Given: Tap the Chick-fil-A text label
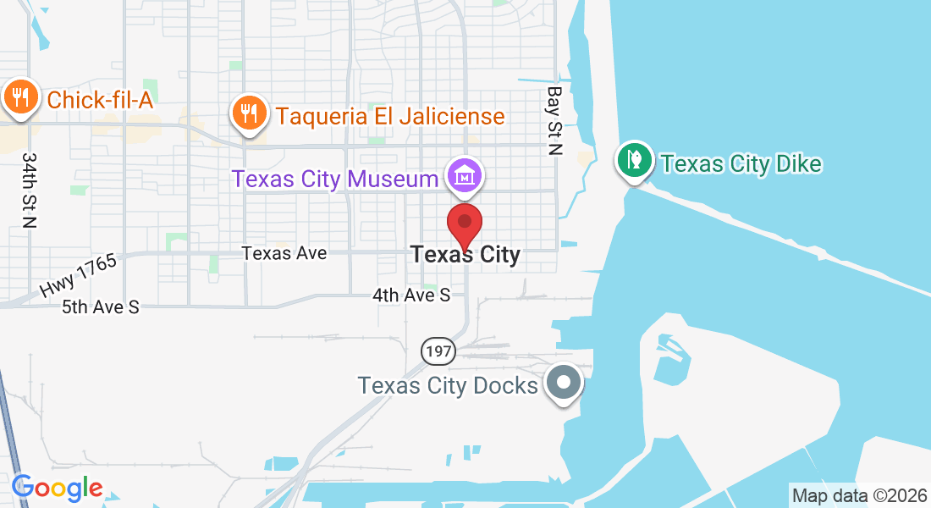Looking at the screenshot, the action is (100, 100).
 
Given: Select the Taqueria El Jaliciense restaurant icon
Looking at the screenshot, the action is (248, 112).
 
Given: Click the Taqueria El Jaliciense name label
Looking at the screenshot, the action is (390, 115).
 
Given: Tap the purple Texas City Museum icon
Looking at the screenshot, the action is (465, 175).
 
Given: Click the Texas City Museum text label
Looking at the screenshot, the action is (336, 179).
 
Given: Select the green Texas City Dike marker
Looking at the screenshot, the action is (633, 159).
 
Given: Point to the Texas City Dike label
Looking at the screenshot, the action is (741, 163).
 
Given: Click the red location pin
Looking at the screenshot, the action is (465, 224).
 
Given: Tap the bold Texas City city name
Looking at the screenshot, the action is (465, 254).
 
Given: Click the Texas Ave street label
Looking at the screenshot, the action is (284, 253).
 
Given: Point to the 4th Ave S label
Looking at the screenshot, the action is (412, 295).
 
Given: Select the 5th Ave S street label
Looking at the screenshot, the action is (100, 306).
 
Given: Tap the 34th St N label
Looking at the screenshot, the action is (30, 190).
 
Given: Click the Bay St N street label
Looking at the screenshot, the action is (554, 120).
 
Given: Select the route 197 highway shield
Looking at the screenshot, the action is (439, 350).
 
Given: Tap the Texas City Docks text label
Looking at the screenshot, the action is (448, 386).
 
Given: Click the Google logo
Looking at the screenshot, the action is (58, 488).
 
